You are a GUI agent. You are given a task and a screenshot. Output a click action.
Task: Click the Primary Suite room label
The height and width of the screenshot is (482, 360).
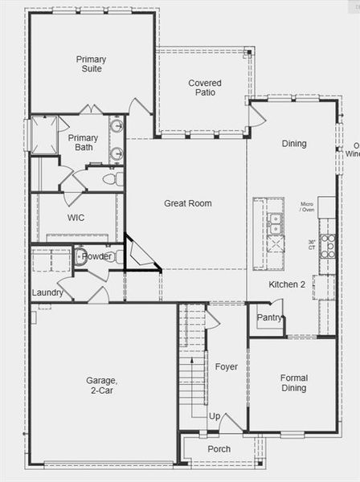[x=91, y=64]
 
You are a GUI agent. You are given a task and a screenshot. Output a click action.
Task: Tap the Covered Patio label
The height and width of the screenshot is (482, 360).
[x=205, y=88]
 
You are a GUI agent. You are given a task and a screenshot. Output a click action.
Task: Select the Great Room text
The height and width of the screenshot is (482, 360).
[x=188, y=203]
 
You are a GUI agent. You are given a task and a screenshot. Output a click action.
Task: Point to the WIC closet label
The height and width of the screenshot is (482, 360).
[x=76, y=218]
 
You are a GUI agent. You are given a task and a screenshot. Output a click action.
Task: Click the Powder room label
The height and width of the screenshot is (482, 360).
[x=97, y=256]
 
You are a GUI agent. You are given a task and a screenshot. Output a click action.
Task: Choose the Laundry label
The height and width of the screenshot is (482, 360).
[x=47, y=292]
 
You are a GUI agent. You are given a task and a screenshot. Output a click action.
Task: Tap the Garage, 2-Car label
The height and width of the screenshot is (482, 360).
[x=102, y=386]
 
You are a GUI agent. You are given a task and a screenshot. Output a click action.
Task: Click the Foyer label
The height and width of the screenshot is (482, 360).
[x=226, y=367]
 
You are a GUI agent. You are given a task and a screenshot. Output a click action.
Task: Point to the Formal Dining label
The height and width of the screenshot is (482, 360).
[x=293, y=383]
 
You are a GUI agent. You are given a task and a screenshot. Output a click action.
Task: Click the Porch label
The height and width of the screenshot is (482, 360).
[x=219, y=449]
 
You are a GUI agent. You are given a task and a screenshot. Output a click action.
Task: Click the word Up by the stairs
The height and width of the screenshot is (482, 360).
[x=215, y=416]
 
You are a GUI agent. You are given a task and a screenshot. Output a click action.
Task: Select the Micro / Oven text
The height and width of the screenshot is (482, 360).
[x=307, y=208]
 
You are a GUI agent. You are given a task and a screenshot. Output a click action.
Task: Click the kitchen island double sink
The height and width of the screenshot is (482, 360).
[x=275, y=223]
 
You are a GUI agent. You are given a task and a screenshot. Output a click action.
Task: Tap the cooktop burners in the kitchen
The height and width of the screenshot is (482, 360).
[x=328, y=245]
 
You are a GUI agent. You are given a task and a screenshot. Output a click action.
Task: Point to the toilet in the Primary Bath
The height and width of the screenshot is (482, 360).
[x=117, y=178]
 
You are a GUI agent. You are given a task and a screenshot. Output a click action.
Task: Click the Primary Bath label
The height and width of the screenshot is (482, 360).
[x=84, y=143]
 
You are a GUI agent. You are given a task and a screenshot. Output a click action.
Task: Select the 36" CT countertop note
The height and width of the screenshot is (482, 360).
[x=312, y=245]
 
